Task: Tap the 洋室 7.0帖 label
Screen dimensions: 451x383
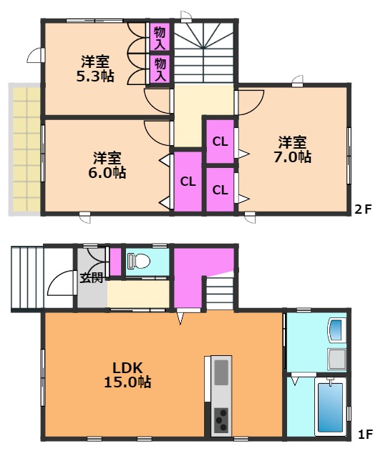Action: (294, 149)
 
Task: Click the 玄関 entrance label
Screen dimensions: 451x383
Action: (91, 277)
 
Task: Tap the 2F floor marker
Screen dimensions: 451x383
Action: (364, 210)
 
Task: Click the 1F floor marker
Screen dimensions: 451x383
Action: (365, 433)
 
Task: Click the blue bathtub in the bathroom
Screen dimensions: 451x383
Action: (330, 406)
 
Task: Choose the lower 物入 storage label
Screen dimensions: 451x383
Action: (160, 69)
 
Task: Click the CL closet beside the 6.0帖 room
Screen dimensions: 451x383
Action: (188, 182)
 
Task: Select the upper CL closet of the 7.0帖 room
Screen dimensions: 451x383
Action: (220, 141)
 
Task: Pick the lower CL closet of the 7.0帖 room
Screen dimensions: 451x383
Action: (220, 189)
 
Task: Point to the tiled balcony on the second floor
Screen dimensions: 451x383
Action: (26, 149)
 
